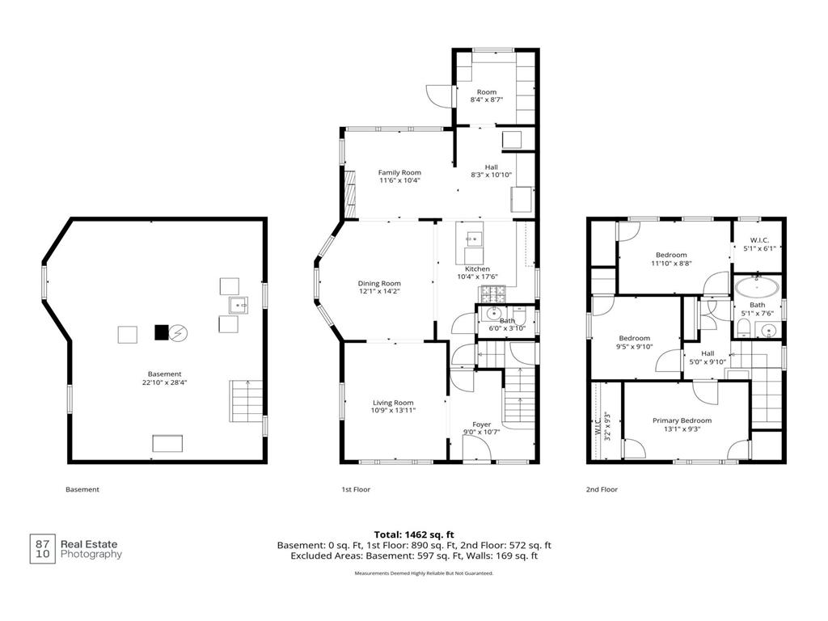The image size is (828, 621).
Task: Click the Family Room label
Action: click(399, 173)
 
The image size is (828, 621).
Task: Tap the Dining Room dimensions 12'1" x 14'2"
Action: click(379, 291)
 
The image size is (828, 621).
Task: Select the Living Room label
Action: click(393, 403)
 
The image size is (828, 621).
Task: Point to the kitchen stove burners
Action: click(492, 290)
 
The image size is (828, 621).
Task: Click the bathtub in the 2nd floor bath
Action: click(757, 288)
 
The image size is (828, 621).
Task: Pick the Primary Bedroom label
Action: click(682, 420)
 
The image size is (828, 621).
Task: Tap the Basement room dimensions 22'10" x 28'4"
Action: click(164, 382)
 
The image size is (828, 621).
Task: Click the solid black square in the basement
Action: click(161, 332)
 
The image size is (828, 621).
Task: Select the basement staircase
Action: click(246, 401)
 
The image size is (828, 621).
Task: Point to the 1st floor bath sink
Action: click(492, 314)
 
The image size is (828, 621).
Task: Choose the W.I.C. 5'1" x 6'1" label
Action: click(759, 244)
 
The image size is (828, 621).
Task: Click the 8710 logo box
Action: click(42, 549)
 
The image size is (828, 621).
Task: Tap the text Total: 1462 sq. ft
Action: click(414, 535)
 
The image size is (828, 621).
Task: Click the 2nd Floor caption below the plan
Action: click(602, 489)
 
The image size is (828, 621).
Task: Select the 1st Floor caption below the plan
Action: click(356, 489)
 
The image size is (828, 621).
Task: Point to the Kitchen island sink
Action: click(474, 239)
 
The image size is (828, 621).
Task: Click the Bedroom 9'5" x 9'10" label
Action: click(634, 342)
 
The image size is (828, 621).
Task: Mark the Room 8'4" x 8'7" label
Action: click(486, 95)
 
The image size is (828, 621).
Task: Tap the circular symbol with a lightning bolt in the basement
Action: click(178, 332)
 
